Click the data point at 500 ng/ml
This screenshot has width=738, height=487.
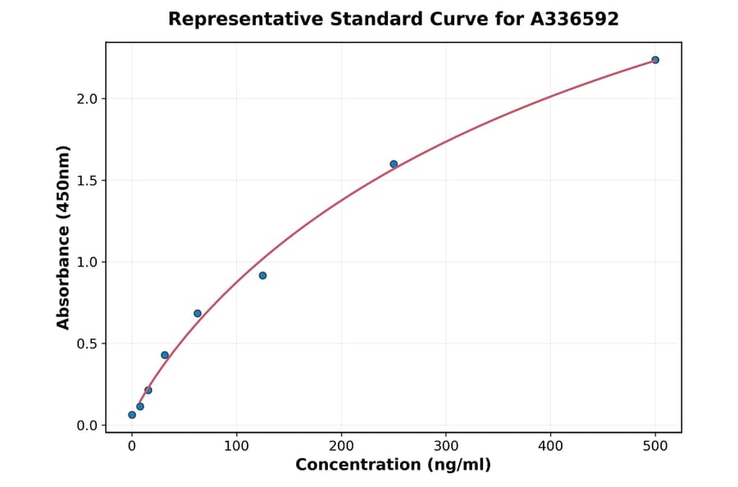pos(655,60)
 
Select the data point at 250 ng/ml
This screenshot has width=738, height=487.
pos(394,164)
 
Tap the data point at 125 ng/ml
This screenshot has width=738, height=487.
pos(262,275)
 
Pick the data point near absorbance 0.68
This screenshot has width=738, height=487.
pos(198,313)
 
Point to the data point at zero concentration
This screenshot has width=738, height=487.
pos(132,415)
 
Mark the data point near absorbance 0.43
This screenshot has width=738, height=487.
pos(165,355)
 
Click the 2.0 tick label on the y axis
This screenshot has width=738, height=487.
pos(86,99)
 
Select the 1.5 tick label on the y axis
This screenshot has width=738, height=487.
pos(86,180)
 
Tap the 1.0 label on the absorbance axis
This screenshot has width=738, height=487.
pos(86,262)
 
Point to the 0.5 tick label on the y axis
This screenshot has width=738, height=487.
pos(86,344)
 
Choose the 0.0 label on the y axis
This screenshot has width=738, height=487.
pos(86,426)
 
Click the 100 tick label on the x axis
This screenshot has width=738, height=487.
pos(237,446)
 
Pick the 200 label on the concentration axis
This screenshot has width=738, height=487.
pos(341,446)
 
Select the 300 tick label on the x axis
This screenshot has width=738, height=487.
pos(446,446)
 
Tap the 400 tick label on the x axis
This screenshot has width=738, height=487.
pos(550,446)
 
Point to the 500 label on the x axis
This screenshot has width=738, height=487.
pos(655,446)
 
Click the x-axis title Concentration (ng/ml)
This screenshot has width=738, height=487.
pos(393,466)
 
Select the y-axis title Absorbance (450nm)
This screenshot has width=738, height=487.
pos(64,238)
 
